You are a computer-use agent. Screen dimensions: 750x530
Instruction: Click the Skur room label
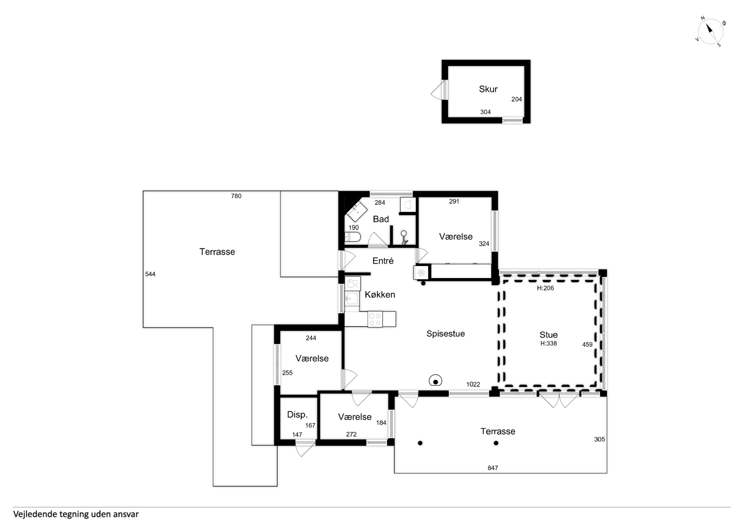pos(488,89)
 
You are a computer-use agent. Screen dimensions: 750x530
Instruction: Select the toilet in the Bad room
pos(352,237)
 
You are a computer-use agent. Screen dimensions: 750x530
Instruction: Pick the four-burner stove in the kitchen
pos(375,319)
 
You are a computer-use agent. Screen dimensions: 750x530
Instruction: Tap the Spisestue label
pos(446,334)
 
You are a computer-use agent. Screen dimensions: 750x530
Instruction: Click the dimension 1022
pos(473,384)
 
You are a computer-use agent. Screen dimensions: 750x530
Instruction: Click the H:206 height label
pos(545,288)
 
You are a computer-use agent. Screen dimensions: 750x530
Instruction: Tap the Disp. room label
pos(297,415)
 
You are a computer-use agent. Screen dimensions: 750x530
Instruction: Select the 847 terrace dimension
pos(493,468)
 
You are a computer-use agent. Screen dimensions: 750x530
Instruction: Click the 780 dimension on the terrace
pos(236,196)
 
